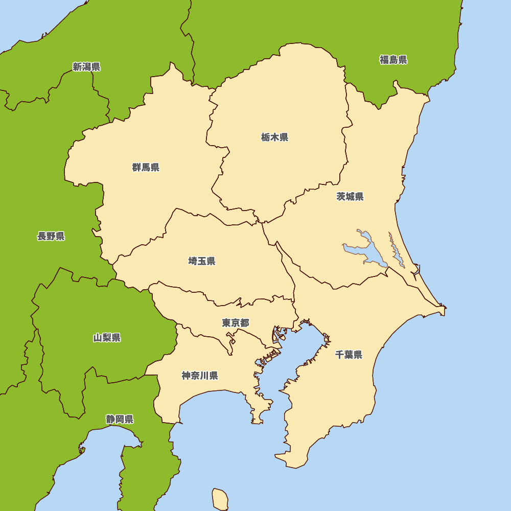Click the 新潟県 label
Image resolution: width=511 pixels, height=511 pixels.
tap(86, 67)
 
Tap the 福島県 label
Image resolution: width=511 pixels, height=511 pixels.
tap(393, 60)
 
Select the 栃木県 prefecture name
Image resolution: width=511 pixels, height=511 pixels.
tap(274, 137)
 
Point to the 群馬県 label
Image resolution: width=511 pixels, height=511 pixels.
tap(146, 167)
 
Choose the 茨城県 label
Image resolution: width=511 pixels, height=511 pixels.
tap(350, 197)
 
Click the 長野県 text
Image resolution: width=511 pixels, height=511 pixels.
tap(51, 236)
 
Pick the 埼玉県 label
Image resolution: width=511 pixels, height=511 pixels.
tap(201, 261)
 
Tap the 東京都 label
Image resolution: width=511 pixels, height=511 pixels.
tap(235, 323)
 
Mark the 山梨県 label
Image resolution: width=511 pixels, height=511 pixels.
tap(107, 338)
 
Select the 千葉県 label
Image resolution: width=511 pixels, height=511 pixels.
tap(349, 355)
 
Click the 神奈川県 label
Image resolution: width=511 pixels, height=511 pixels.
tap(200, 376)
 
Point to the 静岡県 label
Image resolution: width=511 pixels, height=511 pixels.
tap(120, 420)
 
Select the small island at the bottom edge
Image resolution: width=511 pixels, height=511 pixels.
tap(220, 498)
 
